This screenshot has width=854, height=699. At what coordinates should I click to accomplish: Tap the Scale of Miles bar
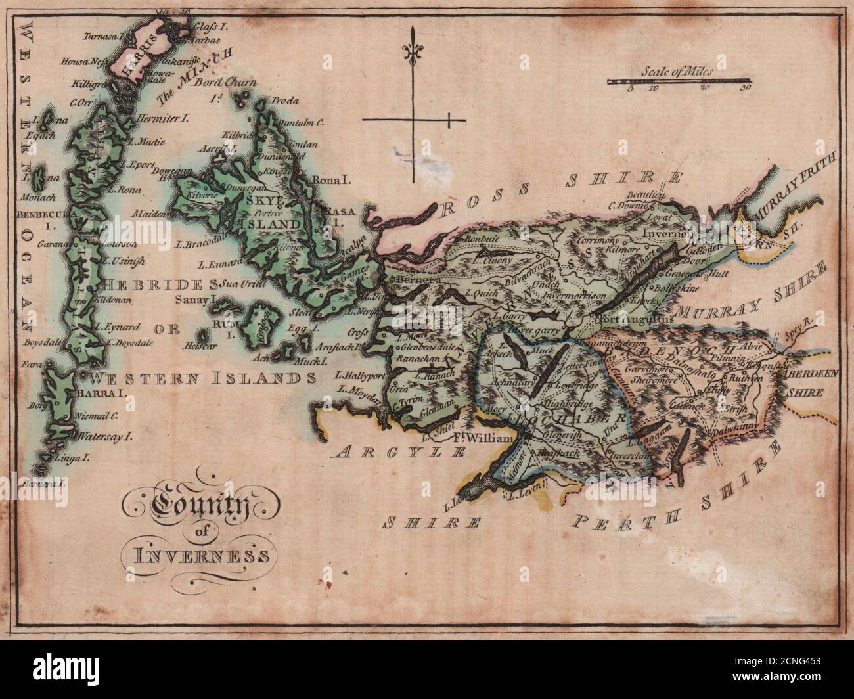point(676,82)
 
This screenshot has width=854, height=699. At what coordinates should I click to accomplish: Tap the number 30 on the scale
point(744,87)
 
